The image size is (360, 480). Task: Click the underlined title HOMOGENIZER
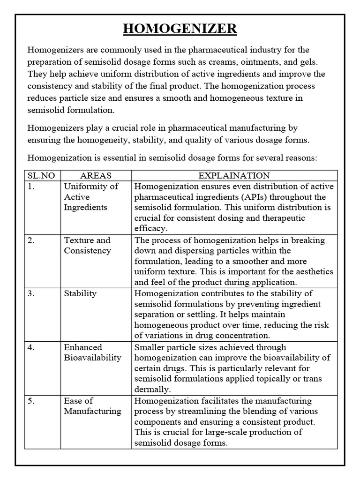(180, 29)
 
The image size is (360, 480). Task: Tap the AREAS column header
(96, 176)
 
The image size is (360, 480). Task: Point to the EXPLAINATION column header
(234, 176)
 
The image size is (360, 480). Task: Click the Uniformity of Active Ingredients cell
(91, 197)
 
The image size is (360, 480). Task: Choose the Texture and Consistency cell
(88, 245)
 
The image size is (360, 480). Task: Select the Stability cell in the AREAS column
(80, 293)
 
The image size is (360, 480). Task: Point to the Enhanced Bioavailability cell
(92, 352)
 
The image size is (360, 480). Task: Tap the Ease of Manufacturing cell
(92, 406)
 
